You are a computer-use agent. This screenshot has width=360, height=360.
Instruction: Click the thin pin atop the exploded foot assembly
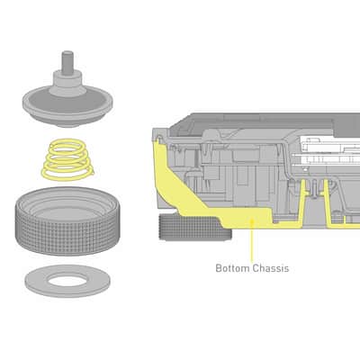click(x=67, y=61)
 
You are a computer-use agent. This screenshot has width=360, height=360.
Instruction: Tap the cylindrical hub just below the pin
click(x=67, y=80)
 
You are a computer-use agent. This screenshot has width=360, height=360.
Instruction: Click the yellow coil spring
click(x=67, y=159)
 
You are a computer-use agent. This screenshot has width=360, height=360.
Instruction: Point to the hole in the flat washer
click(x=67, y=281)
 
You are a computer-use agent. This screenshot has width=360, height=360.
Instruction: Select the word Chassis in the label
click(x=271, y=268)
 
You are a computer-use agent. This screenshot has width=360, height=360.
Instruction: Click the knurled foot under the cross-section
click(x=195, y=228)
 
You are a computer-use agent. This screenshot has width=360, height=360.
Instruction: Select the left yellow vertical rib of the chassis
click(x=302, y=201)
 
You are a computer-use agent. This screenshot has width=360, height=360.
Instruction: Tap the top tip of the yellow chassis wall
click(x=159, y=139)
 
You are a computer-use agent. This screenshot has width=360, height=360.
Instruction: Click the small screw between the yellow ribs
click(x=313, y=189)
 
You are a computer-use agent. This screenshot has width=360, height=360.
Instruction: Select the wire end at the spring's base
click(x=92, y=172)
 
